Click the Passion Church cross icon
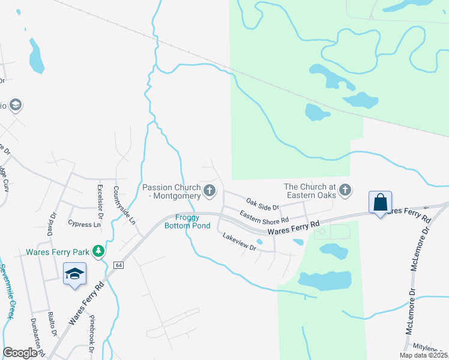tap(209, 191)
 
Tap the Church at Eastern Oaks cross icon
tap(345, 191)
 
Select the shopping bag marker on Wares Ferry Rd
tap(381, 202)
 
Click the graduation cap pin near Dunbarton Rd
tap(74, 274)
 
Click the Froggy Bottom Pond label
tap(193, 221)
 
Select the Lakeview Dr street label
tap(240, 242)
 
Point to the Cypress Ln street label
tap(85, 224)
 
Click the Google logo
tap(20, 352)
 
